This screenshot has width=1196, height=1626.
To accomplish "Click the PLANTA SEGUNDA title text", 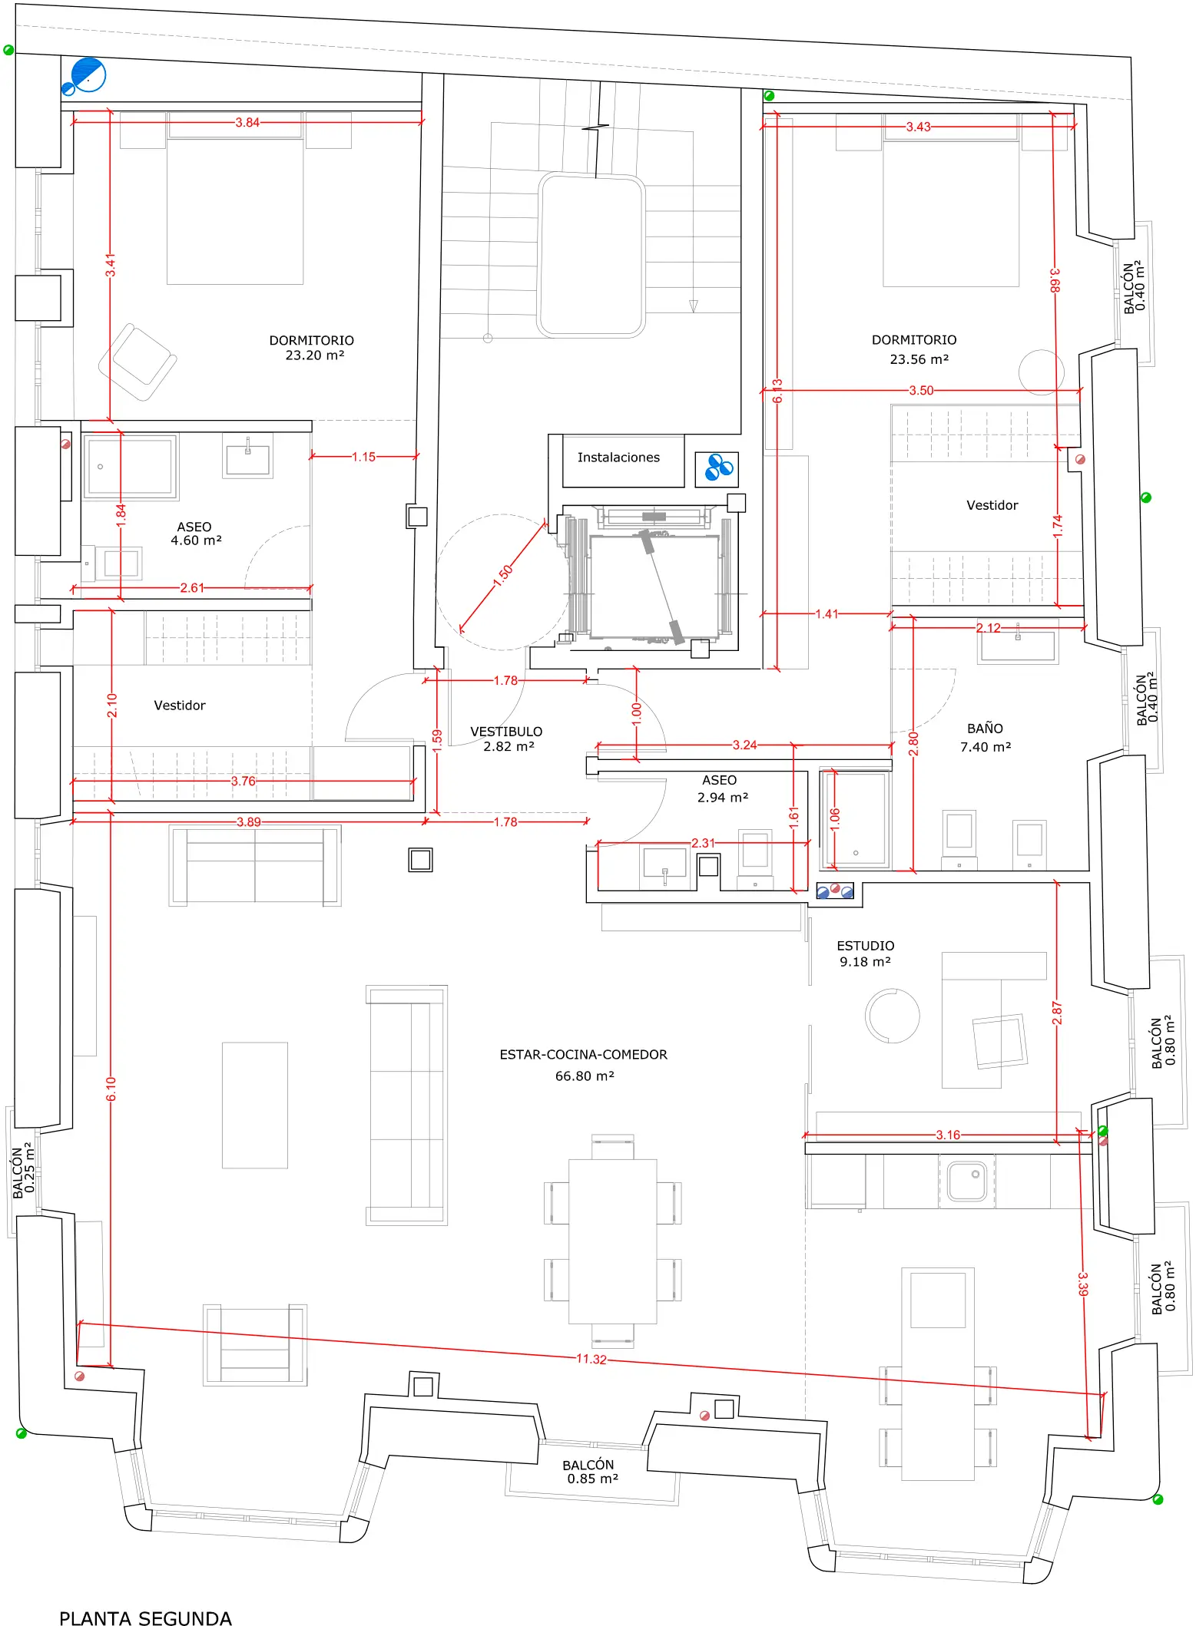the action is click(145, 1618).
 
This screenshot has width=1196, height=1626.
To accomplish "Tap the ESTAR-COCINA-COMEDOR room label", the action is click(583, 1055).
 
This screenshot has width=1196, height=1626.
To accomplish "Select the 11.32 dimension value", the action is click(591, 1359).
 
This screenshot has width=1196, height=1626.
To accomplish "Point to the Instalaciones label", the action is click(618, 458).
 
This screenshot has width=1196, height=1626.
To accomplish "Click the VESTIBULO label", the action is click(506, 732).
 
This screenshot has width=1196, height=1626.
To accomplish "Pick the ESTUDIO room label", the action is click(866, 946).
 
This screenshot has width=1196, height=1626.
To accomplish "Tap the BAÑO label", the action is click(985, 728).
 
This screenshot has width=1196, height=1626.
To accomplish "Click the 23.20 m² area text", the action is click(315, 355).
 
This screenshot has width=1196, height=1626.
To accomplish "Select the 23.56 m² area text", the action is click(919, 359).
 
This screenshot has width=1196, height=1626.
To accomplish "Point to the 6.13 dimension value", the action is click(777, 391).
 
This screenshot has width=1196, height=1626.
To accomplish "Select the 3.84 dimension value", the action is click(247, 122).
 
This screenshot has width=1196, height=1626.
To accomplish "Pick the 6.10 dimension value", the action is click(111, 1089).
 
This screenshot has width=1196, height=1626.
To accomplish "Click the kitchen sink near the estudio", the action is click(966, 1180).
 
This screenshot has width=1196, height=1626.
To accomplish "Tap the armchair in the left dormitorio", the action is click(137, 362).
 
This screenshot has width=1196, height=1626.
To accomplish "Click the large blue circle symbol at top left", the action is click(88, 74).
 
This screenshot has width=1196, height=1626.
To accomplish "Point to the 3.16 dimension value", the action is click(948, 1135).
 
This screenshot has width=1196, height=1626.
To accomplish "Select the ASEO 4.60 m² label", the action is click(196, 534).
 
